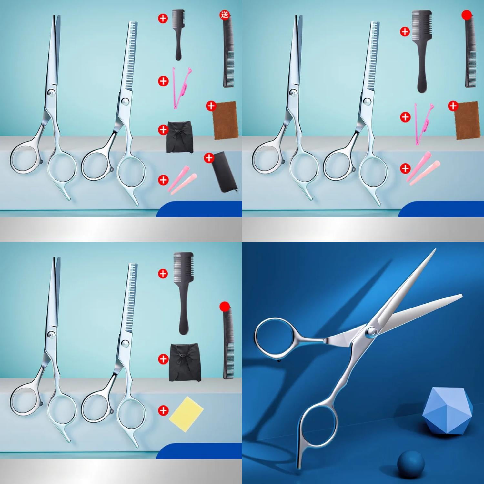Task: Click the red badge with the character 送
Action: (224, 15)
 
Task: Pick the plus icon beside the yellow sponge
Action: (164, 410)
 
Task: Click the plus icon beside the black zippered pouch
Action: (209, 158)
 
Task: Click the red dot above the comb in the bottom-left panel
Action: (224, 306)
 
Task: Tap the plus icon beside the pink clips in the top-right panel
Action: (405, 168)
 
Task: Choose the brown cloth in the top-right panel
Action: (466, 121)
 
